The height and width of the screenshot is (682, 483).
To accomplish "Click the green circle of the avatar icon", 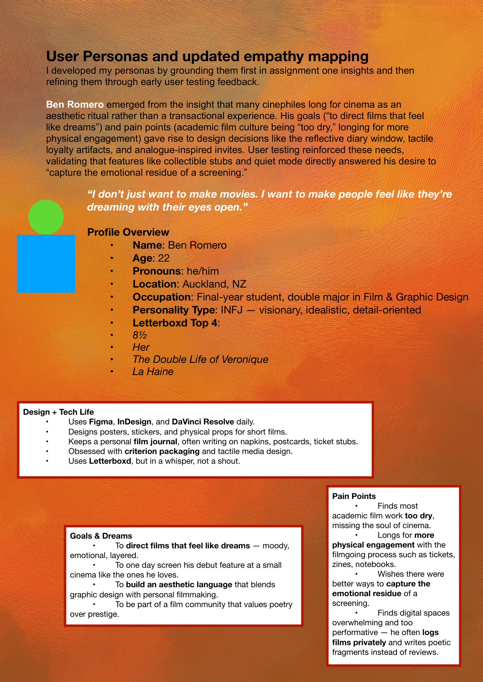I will coord(46,217).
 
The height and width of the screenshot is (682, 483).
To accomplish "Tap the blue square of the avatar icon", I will coord(46,264).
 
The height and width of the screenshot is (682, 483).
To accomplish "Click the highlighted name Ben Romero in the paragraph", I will coord(75,104).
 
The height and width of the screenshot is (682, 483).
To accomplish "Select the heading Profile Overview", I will coord(128,232).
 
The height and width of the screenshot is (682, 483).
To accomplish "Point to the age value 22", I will coord(164,258).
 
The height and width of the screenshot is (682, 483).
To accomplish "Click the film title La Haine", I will coord(153,371).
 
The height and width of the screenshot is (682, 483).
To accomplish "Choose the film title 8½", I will coord(140,335).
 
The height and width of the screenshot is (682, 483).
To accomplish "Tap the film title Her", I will coord(141,347).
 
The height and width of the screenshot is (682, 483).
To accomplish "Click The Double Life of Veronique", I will coord(200,359).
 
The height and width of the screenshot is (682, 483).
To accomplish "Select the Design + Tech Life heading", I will coord(58,412).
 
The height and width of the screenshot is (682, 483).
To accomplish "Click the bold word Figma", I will coord(101,422).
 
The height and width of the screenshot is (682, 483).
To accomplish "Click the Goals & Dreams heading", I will coord(101,536).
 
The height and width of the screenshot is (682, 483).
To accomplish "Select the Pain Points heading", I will coord(354,496).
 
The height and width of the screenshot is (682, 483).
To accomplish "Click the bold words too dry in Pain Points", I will coord(419,516).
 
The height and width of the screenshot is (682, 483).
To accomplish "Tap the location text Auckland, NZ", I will coord(214,284).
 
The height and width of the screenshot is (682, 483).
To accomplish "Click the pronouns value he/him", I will coord(203,271).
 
